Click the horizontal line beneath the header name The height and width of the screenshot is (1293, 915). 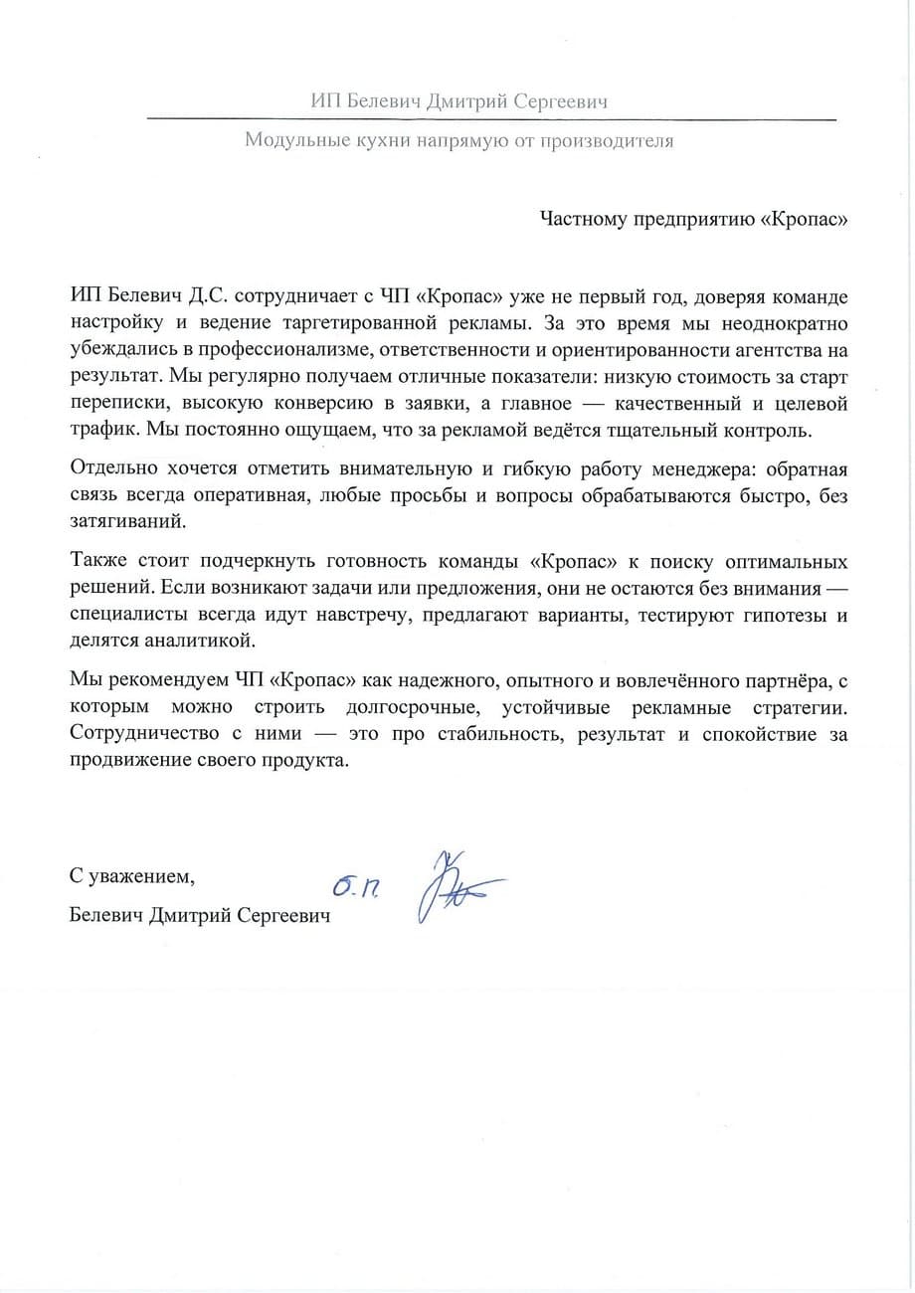491,119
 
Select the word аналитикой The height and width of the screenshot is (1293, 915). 189,640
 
